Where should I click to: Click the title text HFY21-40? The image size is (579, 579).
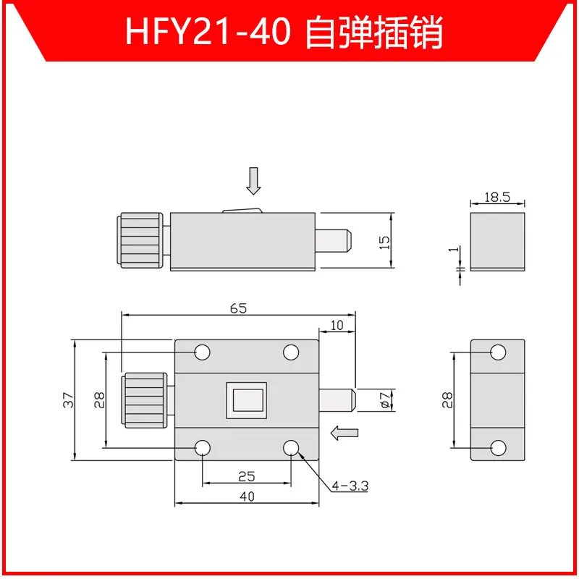pos(208,32)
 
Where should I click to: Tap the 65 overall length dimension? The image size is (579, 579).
pos(238,308)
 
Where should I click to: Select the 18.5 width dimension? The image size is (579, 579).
pos(497,197)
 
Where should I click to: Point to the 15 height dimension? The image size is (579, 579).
pos(384,242)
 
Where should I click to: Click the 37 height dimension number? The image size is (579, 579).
pos(68,400)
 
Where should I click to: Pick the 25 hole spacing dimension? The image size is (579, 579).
pos(246,476)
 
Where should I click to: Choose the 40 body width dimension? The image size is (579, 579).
pos(247,496)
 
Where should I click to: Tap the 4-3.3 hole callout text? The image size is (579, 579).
pos(350,486)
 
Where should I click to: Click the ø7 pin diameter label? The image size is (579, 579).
pos(385,400)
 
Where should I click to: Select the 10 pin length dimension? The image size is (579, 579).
pos(337,325)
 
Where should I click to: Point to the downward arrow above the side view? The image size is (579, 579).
pos(254,181)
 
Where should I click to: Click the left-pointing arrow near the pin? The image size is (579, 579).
pos(345,433)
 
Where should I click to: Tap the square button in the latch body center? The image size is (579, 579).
pos(247,400)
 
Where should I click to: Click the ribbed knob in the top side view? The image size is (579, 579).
pos(140,240)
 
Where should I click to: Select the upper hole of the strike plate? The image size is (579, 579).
pos(498,352)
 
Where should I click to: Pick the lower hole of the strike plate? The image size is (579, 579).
pos(498,447)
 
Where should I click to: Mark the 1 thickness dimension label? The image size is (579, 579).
pos(455,249)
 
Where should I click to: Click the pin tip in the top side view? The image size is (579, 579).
pos(349,240)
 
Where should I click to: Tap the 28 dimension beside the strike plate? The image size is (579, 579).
pos(447,400)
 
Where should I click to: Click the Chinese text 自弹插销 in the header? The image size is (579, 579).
pos(374,32)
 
